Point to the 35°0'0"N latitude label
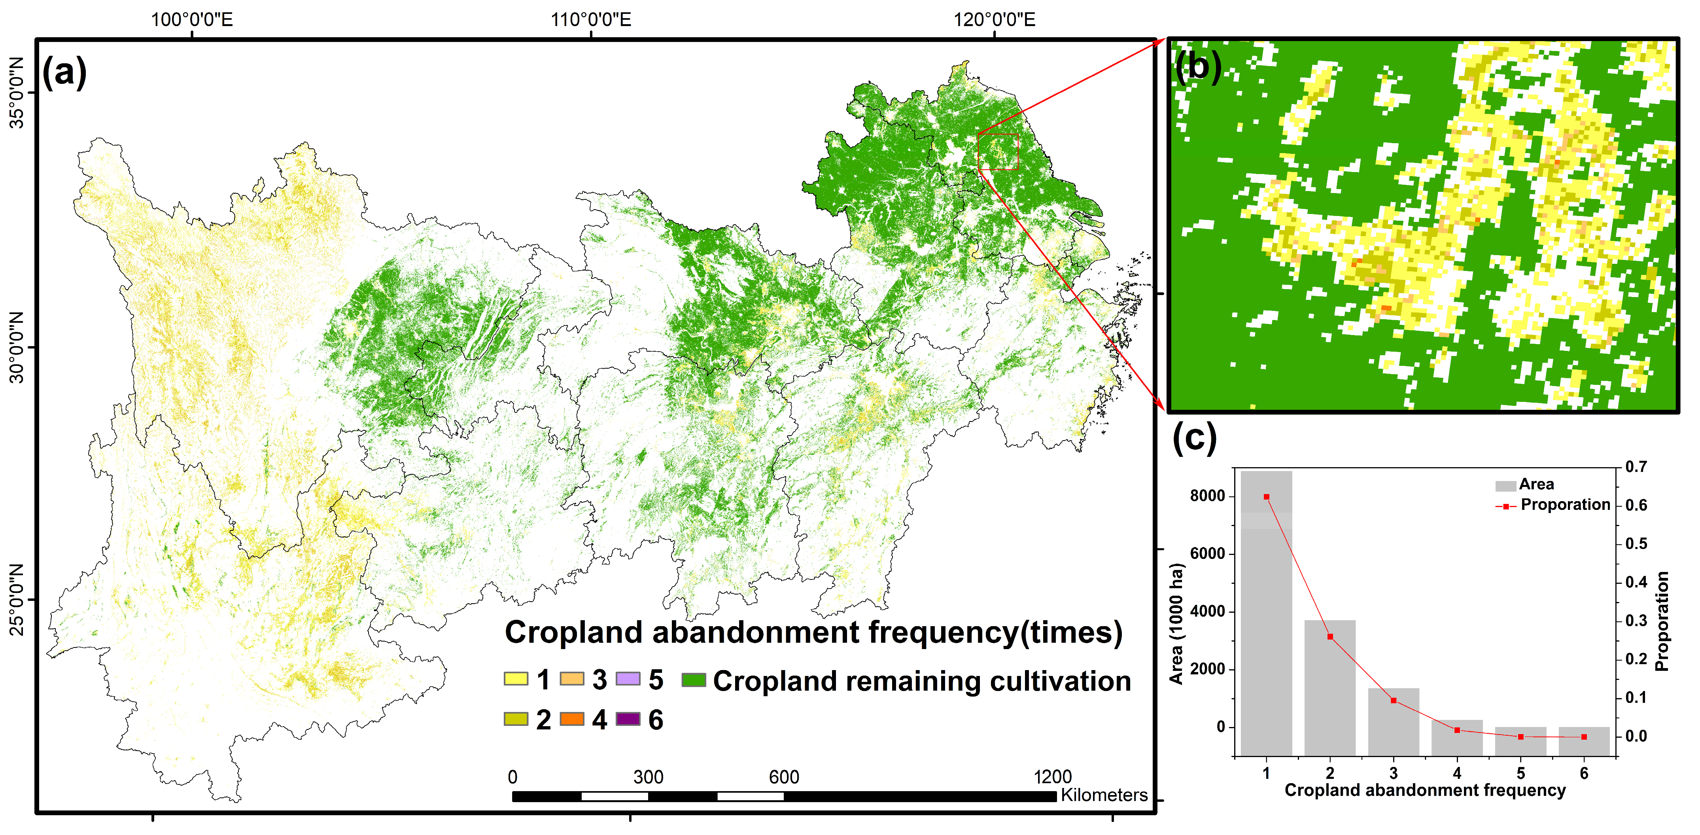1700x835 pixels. pyautogui.click(x=17, y=93)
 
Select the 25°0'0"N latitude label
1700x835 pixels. pyautogui.click(x=17, y=599)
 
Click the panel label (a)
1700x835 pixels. pyautogui.click(x=64, y=71)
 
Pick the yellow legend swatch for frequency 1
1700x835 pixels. pyautogui.click(x=515, y=679)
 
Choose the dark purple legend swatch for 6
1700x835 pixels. pyautogui.click(x=628, y=719)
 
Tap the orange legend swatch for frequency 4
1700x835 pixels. pyautogui.click(x=571, y=719)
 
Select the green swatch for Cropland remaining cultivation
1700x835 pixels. pyautogui.click(x=694, y=680)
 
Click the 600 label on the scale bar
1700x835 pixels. pyautogui.click(x=784, y=777)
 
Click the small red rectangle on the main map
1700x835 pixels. pyautogui.click(x=998, y=152)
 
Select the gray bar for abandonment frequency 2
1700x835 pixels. pyautogui.click(x=1330, y=687)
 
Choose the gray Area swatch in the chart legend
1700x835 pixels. pyautogui.click(x=1505, y=486)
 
